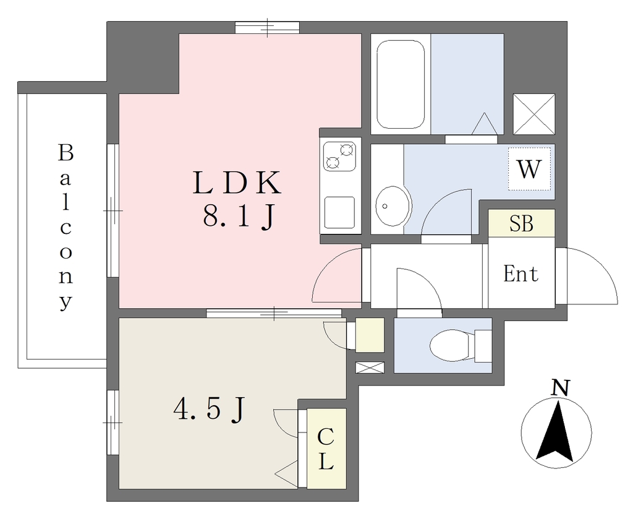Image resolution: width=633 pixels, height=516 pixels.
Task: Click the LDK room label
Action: [x=237, y=183]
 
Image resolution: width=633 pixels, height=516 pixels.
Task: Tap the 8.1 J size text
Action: [x=239, y=216]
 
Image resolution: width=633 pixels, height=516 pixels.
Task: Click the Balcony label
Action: [x=66, y=228]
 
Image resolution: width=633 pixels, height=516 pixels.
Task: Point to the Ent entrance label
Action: [x=520, y=273]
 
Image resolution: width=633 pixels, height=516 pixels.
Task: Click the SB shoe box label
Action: [x=521, y=223]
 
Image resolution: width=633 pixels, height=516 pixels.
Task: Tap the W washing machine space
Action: [x=529, y=169]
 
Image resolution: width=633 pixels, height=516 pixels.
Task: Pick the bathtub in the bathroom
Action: [x=401, y=84]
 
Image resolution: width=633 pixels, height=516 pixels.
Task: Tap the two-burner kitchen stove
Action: [x=340, y=156]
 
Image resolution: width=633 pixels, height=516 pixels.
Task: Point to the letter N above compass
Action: [x=560, y=387]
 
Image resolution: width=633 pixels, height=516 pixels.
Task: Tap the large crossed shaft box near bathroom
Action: [x=533, y=114]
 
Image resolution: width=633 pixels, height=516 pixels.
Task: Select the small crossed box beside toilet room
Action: [x=370, y=368]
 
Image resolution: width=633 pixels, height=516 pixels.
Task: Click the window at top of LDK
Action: [x=267, y=27]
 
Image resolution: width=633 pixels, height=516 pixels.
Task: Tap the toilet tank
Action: [x=483, y=346]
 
